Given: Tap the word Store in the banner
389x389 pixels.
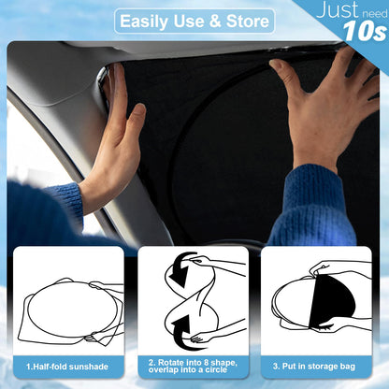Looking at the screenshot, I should pos(244,21).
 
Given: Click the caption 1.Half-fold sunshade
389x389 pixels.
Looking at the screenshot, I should pos(67,367).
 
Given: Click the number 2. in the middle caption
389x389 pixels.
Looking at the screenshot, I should pos(152,360).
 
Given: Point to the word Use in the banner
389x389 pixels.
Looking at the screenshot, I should pos(188,21).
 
